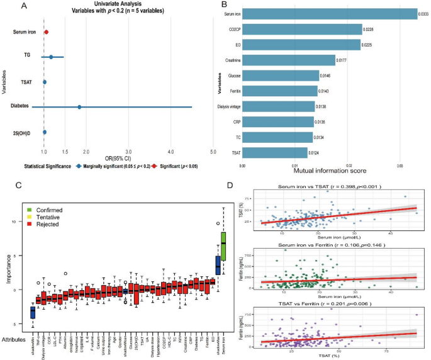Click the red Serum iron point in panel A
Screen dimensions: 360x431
click(x=46, y=31)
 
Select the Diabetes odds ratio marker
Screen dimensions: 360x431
click(x=79, y=107)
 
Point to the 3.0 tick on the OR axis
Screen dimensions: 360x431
click(x=128, y=152)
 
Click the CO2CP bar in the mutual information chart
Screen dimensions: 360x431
click(x=302, y=29)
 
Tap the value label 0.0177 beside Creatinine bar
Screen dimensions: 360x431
click(x=344, y=60)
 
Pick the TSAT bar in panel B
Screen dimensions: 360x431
click(x=274, y=152)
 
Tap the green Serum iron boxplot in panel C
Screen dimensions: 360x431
click(x=223, y=243)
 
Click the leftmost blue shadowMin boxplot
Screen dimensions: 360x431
click(x=33, y=312)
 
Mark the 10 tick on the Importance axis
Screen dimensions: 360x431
click(x=18, y=222)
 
